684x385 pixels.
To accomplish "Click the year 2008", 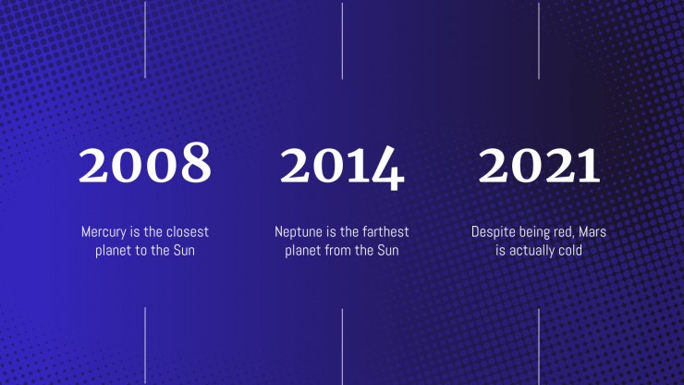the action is pyautogui.click(x=145, y=163).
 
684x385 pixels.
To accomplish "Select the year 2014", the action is pyautogui.click(x=342, y=168).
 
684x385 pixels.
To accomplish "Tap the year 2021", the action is pyautogui.click(x=539, y=165).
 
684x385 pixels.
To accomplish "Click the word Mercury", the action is pyautogui.click(x=104, y=232).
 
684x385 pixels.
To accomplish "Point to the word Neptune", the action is pyautogui.click(x=298, y=232).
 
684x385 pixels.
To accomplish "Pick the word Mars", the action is pyautogui.click(x=592, y=231).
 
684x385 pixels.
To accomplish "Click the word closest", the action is pyautogui.click(x=187, y=231).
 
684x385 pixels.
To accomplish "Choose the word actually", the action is pyautogui.click(x=530, y=251).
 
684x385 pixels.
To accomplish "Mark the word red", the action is pyautogui.click(x=564, y=232).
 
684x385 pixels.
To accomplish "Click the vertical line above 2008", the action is pyautogui.click(x=145, y=39).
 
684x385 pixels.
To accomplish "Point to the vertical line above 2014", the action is pyautogui.click(x=342, y=41).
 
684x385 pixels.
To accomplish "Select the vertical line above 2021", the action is pyautogui.click(x=539, y=41).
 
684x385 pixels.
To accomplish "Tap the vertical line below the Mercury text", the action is pyautogui.click(x=145, y=345).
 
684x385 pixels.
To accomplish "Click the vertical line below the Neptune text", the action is pyautogui.click(x=342, y=346).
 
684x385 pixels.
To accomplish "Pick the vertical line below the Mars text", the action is pyautogui.click(x=539, y=346).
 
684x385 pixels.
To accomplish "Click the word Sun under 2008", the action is pyautogui.click(x=184, y=251).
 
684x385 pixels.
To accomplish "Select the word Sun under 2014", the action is pyautogui.click(x=388, y=251).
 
